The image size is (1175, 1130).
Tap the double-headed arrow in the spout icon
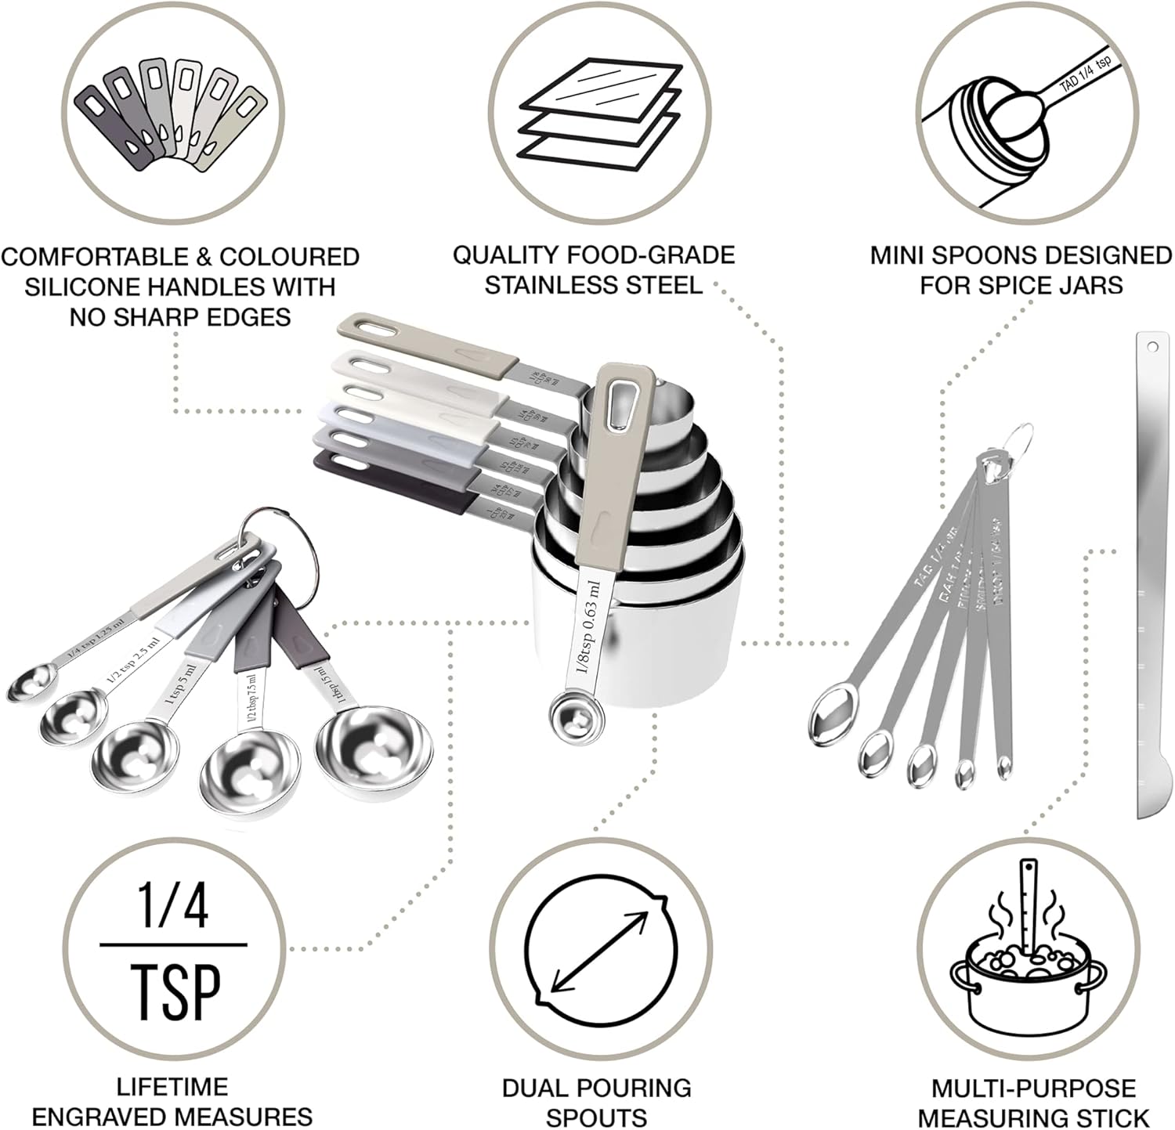(601, 950)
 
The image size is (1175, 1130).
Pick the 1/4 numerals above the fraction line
(174, 906)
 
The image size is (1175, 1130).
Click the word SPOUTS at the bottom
(596, 1117)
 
